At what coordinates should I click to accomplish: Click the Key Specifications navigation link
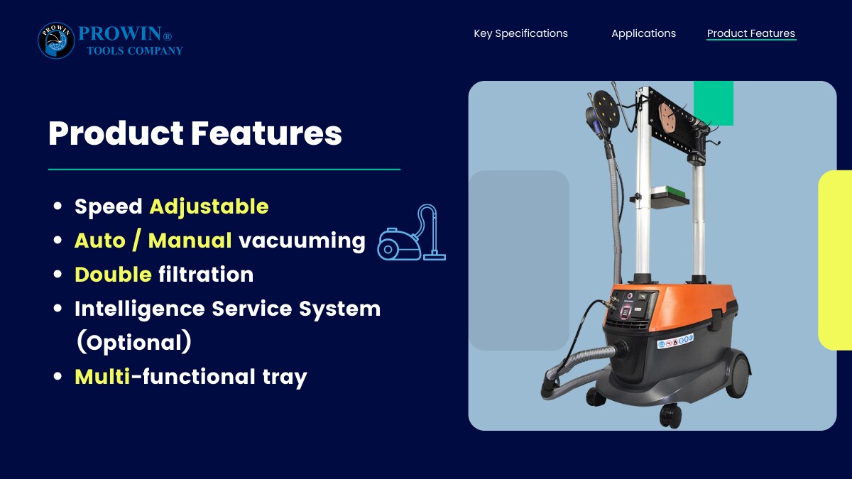tap(520, 33)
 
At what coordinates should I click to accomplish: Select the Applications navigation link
tap(643, 33)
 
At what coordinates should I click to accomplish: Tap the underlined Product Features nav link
tap(751, 33)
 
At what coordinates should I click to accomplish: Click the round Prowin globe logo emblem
tap(56, 40)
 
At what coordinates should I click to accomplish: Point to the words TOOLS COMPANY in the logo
tap(135, 50)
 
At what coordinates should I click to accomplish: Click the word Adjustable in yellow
tap(209, 207)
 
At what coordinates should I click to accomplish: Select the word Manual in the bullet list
tap(190, 241)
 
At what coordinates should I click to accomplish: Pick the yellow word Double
tap(114, 275)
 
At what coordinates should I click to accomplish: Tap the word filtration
tap(206, 275)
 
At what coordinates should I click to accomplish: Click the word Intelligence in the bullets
tap(140, 309)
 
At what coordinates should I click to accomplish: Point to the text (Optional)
tap(134, 342)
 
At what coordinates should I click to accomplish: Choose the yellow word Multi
tap(102, 376)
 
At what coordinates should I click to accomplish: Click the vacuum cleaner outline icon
tap(412, 233)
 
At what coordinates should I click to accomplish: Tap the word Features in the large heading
tap(266, 133)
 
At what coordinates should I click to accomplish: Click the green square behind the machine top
tap(714, 103)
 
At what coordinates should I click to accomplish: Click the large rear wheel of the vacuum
tap(738, 374)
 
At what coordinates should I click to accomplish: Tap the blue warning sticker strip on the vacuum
tap(675, 341)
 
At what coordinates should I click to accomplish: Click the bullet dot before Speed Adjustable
tap(58, 207)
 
